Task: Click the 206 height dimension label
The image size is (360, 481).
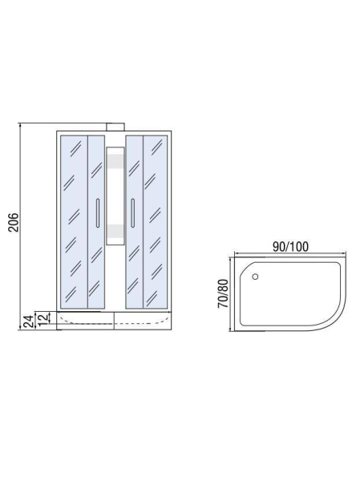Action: [x=14, y=222]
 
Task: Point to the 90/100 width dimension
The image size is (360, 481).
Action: [x=290, y=247]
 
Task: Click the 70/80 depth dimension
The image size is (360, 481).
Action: [x=223, y=293]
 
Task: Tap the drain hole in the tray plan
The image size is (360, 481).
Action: [x=255, y=277]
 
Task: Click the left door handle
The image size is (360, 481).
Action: [x=98, y=213]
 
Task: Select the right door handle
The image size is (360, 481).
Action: [x=132, y=213]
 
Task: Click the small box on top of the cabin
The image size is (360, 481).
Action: [x=115, y=127]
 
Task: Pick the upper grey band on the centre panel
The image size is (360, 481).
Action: [x=115, y=162]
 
